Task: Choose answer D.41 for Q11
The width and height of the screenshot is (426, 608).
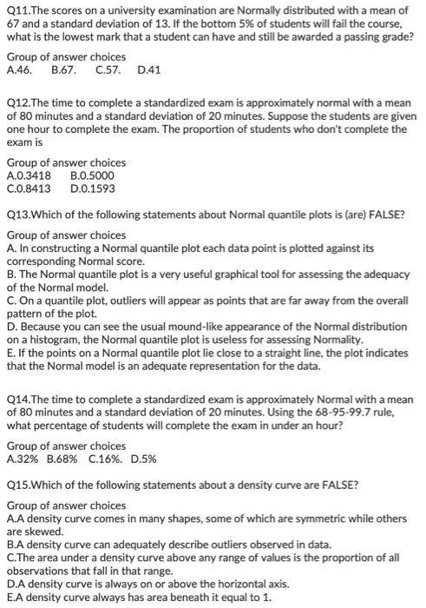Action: pos(149,69)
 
